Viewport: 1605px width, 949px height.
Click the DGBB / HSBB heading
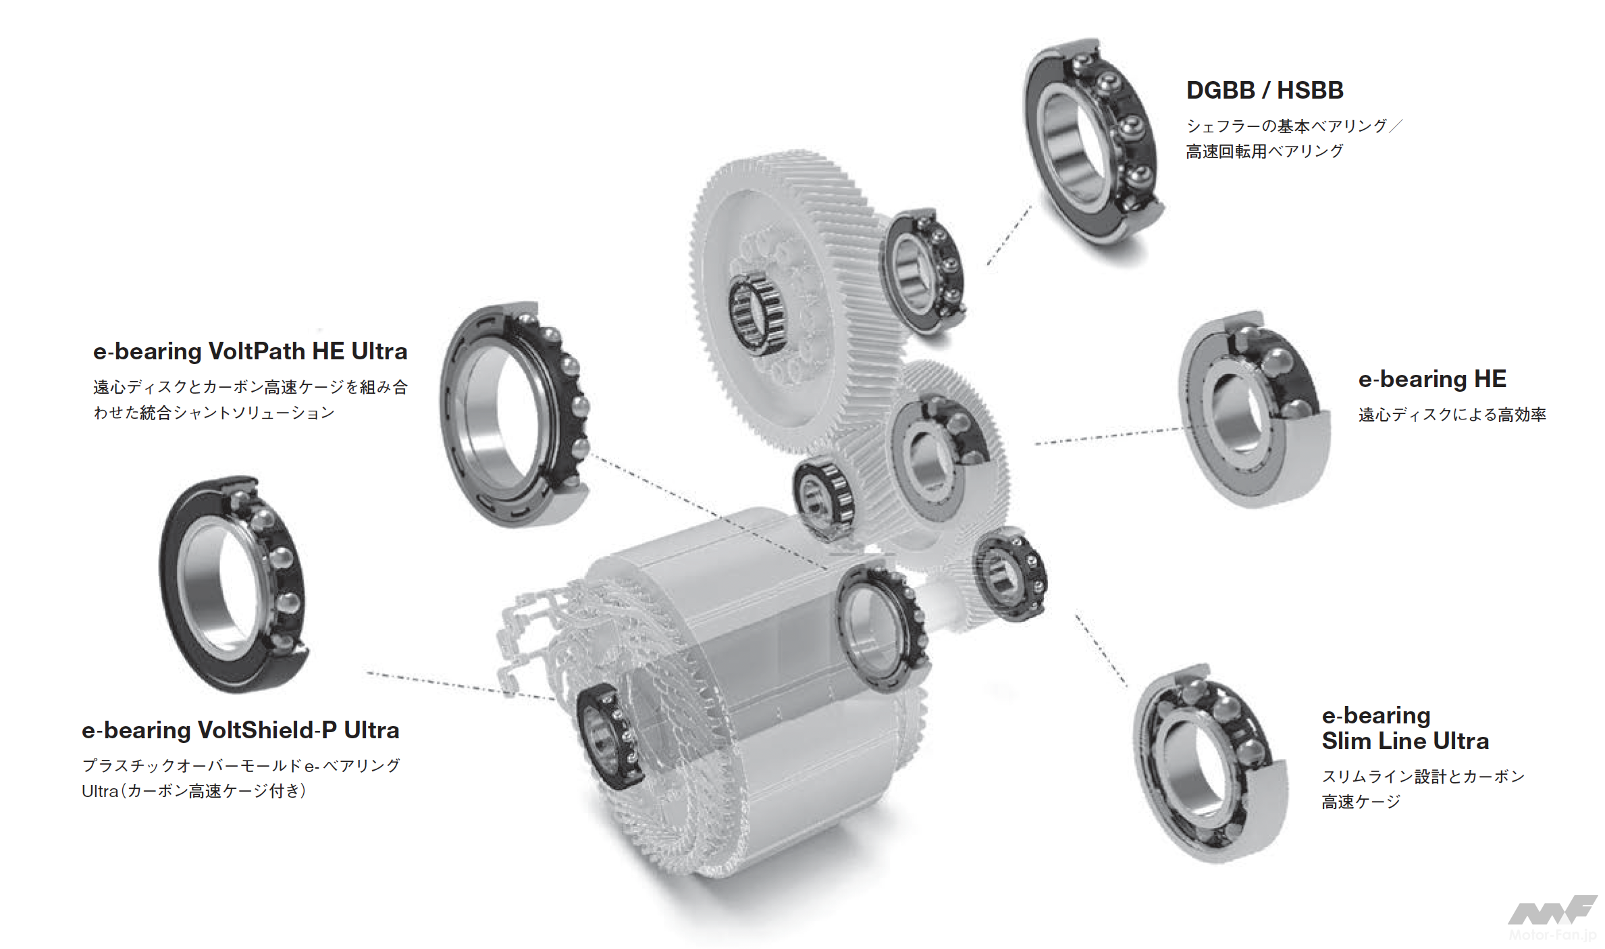1265,90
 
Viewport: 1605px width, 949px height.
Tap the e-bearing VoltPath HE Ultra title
251,351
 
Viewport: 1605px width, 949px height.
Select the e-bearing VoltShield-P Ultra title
240,730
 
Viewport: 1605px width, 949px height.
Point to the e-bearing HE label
1432,379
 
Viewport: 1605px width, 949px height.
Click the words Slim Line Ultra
1405,741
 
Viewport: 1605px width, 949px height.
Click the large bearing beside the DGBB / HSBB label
1094,142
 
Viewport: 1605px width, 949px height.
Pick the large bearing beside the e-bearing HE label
1255,409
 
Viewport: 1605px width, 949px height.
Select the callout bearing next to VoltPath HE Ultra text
515,413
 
